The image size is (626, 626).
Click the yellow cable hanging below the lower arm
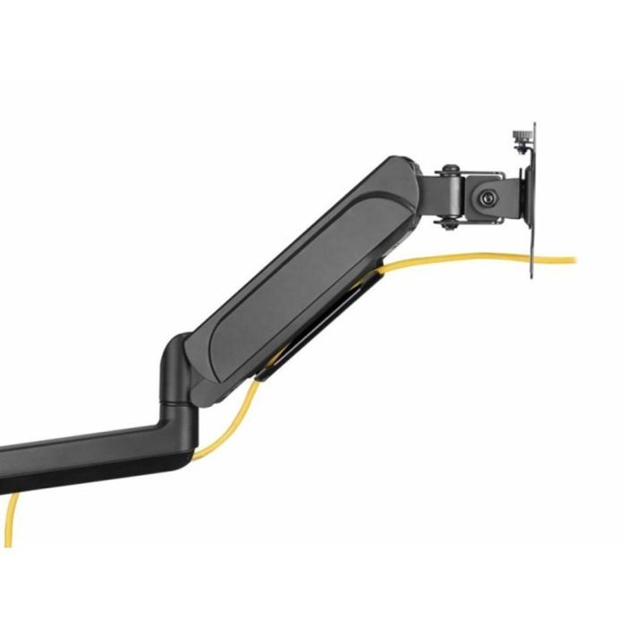(12, 519)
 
